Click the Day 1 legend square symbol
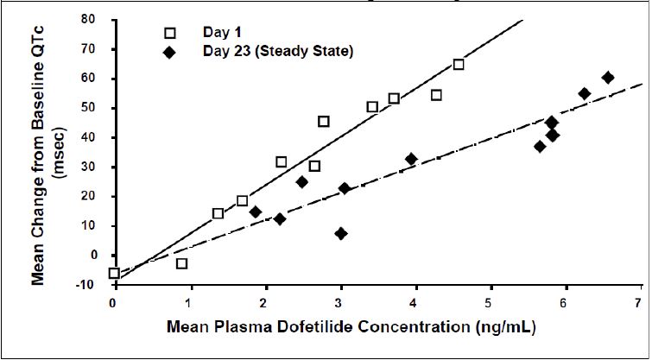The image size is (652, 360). (x=170, y=33)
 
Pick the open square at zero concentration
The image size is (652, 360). (x=114, y=273)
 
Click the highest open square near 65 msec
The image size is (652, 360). (x=459, y=65)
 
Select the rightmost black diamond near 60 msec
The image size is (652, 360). (x=608, y=78)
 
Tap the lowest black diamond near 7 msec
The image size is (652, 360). (x=341, y=233)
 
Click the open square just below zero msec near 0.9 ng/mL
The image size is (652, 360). (x=181, y=263)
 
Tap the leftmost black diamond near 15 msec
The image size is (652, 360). (x=256, y=212)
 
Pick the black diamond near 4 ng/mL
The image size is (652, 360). (x=411, y=159)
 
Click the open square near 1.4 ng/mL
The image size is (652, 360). (x=218, y=213)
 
